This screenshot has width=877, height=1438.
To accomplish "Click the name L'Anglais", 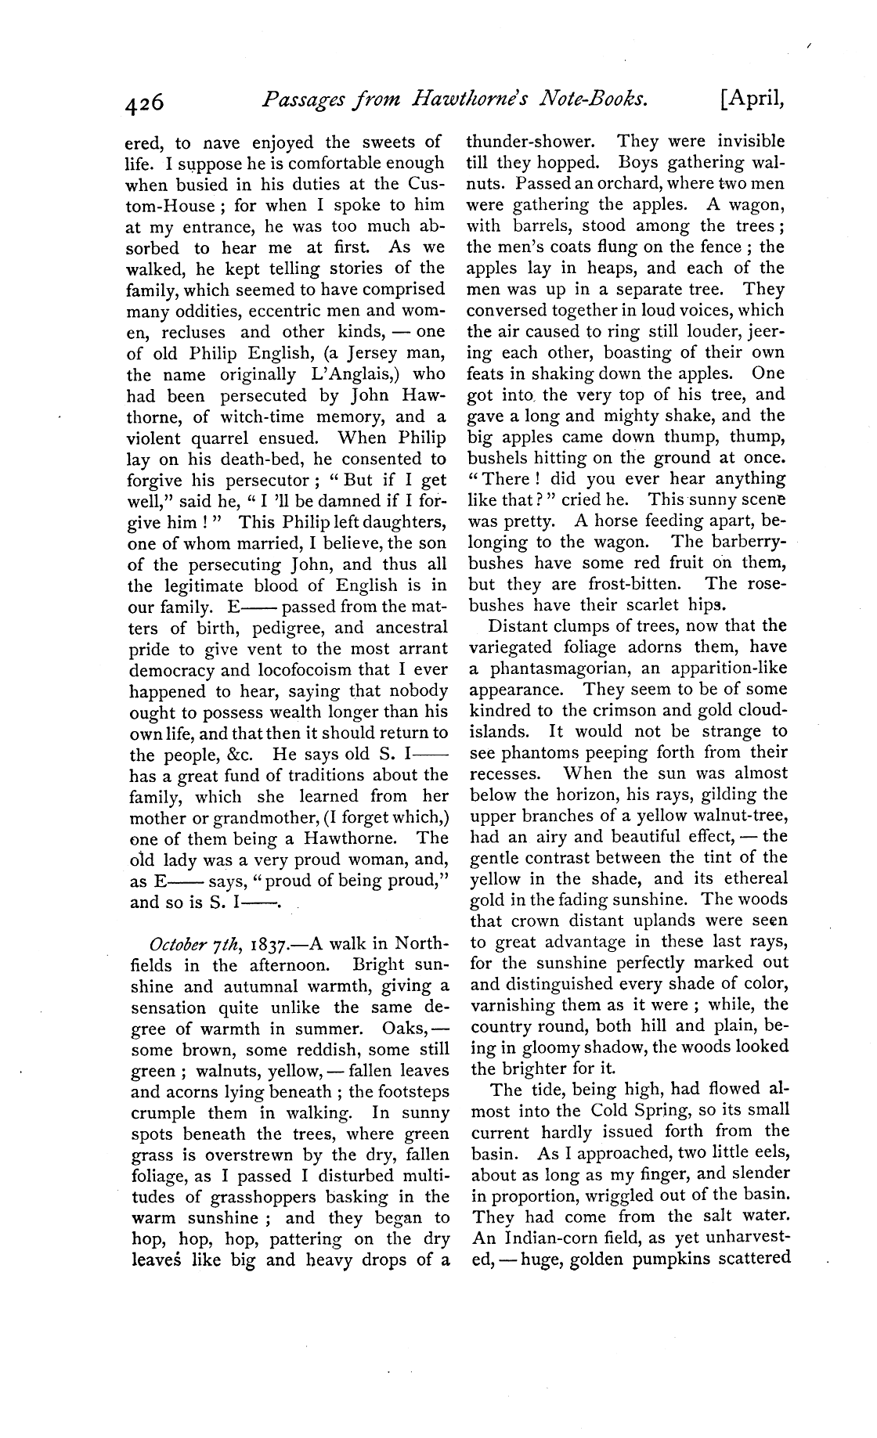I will click(x=350, y=374).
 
